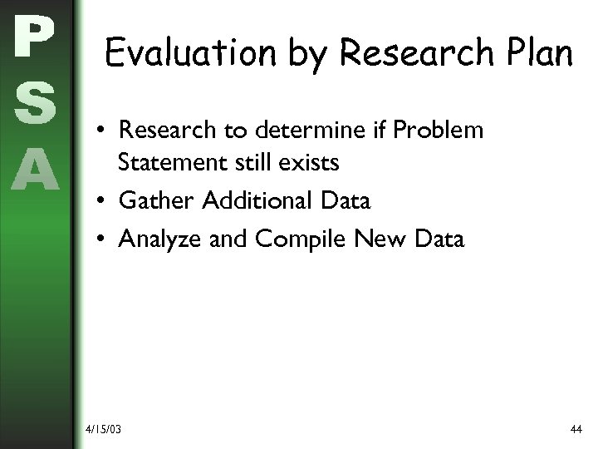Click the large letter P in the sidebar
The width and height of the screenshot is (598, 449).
[34, 37]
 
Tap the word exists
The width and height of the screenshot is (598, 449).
[310, 162]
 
